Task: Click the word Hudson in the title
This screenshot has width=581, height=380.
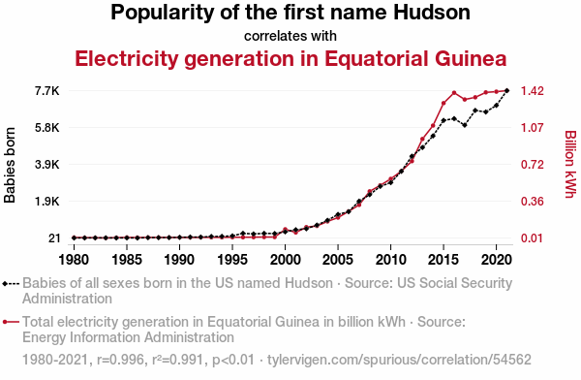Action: [432, 13]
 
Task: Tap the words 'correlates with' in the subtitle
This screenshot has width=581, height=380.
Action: [290, 36]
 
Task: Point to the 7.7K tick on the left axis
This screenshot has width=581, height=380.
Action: [47, 91]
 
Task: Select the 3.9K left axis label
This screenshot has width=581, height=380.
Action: [47, 165]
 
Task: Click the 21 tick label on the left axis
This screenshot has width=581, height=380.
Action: [54, 237]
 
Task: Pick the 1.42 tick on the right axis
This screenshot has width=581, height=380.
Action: [532, 91]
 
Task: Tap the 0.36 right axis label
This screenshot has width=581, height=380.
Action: [532, 202]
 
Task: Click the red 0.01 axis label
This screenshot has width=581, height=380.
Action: [532, 237]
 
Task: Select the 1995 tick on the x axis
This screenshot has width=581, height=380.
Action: [232, 260]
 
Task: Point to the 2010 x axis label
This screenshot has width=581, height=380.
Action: [390, 260]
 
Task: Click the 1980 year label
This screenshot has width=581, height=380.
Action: [75, 260]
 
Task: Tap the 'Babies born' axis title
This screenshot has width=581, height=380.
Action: [10, 165]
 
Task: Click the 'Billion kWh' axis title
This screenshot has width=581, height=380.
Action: [571, 165]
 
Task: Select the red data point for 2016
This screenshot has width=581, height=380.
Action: [454, 93]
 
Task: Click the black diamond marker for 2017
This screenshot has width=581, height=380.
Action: [465, 125]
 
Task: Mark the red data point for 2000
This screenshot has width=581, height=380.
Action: [285, 230]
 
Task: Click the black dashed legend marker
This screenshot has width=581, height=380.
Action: [11, 283]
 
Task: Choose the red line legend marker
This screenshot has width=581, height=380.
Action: [11, 322]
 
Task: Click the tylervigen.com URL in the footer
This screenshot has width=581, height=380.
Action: [399, 360]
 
